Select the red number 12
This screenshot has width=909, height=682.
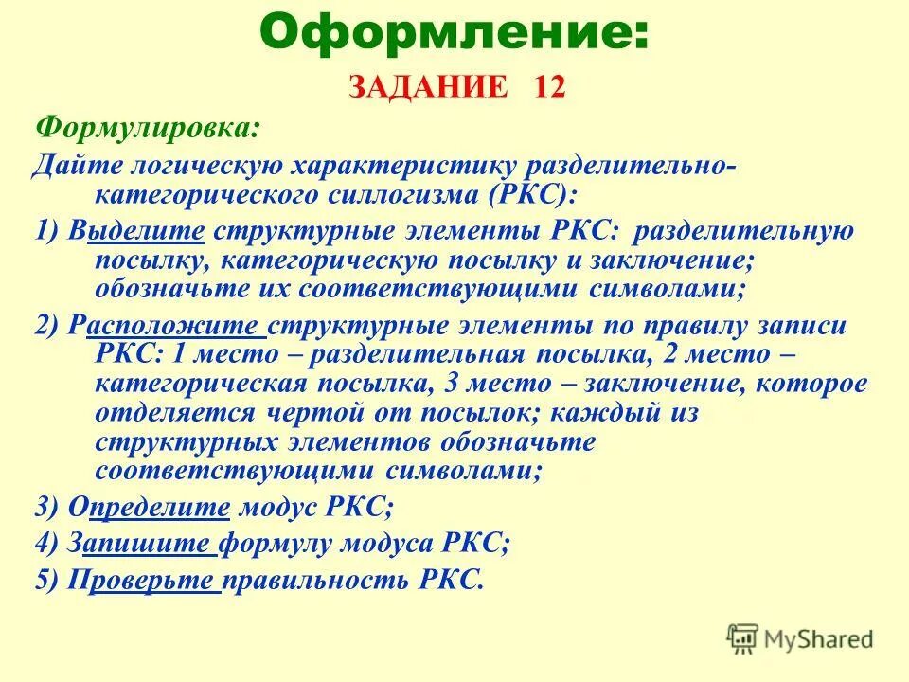pyautogui.click(x=549, y=87)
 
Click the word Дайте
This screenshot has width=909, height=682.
pyautogui.click(x=68, y=167)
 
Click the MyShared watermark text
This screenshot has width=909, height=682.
pyautogui.click(x=819, y=638)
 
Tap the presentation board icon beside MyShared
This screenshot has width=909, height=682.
pyautogui.click(x=743, y=638)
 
